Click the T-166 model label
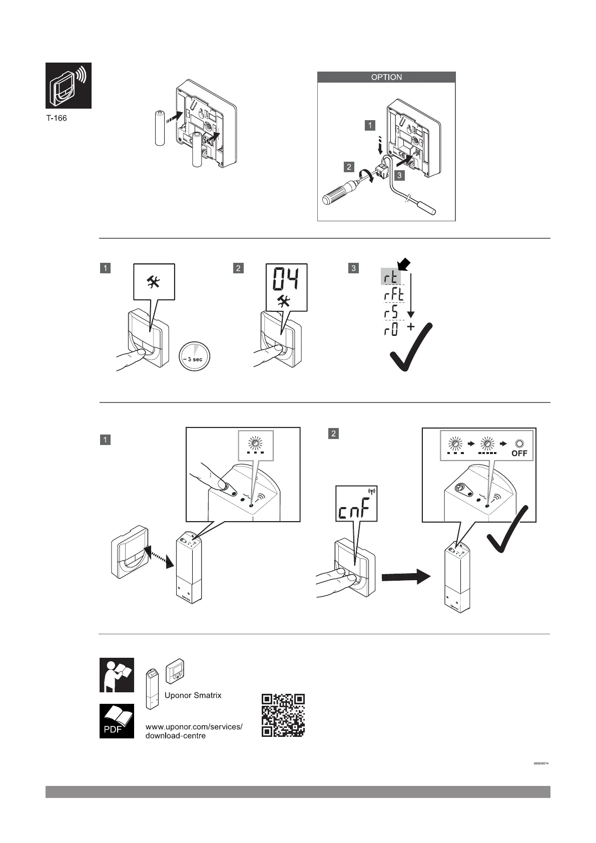click(x=56, y=118)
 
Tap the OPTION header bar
click(x=386, y=77)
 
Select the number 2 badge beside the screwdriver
click(x=349, y=167)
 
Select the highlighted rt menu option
click(x=391, y=277)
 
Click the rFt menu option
click(x=393, y=295)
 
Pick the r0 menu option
click(x=391, y=330)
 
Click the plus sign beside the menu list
click(x=411, y=327)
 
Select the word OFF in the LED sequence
click(x=519, y=454)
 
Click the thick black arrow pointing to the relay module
click(x=405, y=577)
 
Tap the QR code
click(x=283, y=715)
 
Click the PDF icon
click(x=117, y=721)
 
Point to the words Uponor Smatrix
click(x=193, y=695)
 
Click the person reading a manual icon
click(x=117, y=675)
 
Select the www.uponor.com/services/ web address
click(x=194, y=726)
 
